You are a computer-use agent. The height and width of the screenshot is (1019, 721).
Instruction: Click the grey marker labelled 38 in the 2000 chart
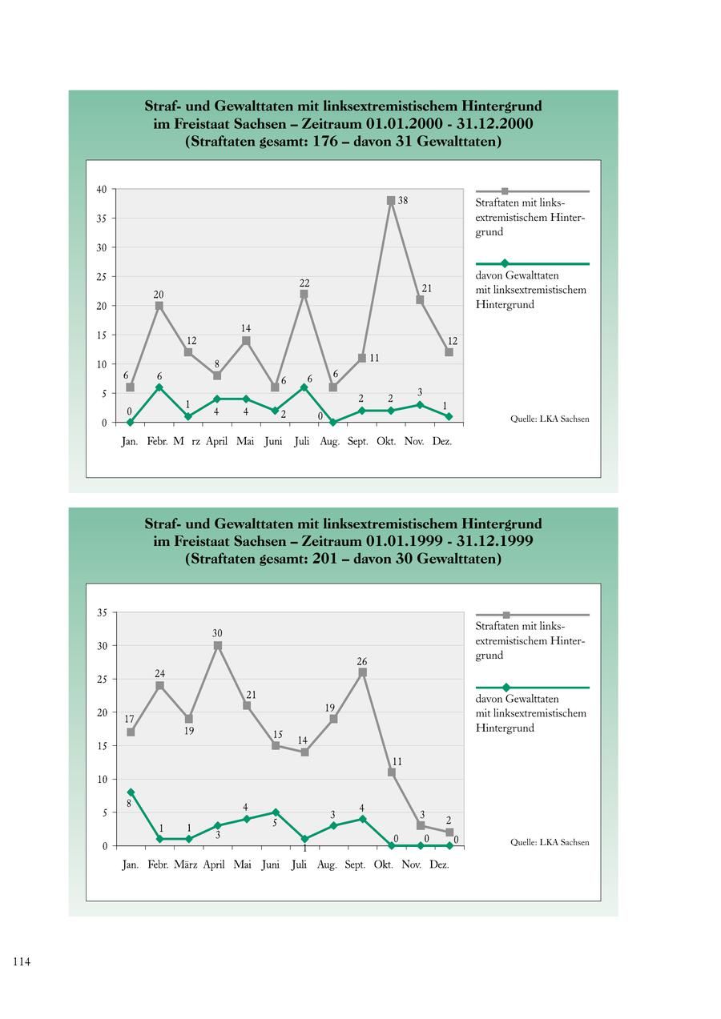(391, 201)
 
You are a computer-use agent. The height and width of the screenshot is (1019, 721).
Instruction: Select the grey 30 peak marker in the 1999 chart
(217, 645)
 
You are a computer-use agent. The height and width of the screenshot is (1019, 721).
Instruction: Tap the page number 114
(21, 962)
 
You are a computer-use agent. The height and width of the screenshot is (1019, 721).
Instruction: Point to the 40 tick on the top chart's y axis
(102, 190)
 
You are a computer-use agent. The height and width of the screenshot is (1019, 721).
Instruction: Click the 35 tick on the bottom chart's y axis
(102, 613)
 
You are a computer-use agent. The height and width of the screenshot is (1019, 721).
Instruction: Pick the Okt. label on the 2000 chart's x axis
(386, 442)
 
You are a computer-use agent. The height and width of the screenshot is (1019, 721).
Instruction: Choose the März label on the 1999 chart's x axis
(186, 865)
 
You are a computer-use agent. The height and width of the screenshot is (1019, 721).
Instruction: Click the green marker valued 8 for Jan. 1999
(131, 792)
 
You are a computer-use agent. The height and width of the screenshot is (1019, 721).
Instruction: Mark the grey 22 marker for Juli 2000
(304, 294)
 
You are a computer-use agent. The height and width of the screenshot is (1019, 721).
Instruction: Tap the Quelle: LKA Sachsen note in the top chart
(550, 419)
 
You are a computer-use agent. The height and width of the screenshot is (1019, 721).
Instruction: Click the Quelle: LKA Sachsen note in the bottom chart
(550, 842)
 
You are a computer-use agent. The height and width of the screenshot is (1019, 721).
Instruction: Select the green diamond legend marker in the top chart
(505, 263)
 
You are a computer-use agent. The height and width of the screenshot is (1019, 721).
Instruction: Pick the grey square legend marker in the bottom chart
(506, 615)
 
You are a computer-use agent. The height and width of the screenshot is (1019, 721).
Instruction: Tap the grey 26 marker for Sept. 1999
(362, 672)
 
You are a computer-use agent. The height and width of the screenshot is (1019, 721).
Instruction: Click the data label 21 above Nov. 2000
(427, 287)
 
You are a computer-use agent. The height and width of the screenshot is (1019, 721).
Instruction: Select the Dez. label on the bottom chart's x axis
(439, 865)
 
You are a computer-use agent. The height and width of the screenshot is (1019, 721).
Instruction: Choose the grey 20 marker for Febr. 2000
(159, 306)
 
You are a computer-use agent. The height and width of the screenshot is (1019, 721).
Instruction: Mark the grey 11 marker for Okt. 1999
(392, 772)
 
